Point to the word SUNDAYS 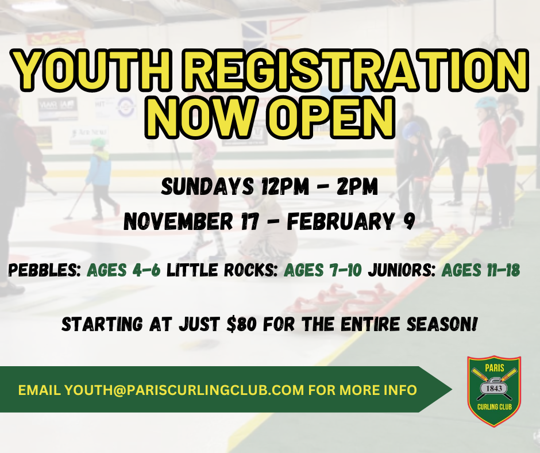click(x=207, y=187)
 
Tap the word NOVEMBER click(x=178, y=221)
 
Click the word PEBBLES click(x=44, y=270)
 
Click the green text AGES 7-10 click(x=323, y=270)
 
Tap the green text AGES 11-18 click(x=481, y=270)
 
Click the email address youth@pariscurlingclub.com click(x=184, y=390)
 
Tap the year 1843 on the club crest click(x=494, y=389)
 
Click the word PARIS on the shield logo click(x=495, y=368)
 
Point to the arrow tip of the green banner click(x=452, y=389)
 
